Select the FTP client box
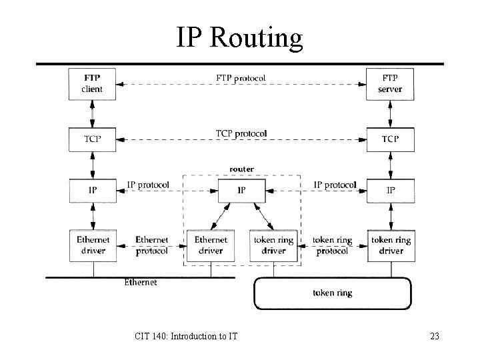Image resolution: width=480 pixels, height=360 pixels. (x=93, y=83)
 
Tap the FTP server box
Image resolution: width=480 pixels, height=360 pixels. (x=390, y=83)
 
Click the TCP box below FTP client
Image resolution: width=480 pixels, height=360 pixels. (x=93, y=139)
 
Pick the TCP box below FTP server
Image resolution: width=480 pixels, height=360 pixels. (x=390, y=139)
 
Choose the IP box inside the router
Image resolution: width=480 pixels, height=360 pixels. (x=241, y=190)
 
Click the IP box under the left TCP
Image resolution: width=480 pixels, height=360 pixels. (x=93, y=190)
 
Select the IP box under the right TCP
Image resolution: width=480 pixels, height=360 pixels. (x=390, y=190)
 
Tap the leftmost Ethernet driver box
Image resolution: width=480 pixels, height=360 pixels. (x=93, y=245)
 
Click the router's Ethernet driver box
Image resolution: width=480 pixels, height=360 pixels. (x=211, y=245)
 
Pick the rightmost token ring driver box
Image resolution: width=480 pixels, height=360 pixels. (x=390, y=245)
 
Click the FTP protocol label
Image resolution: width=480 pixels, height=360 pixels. (x=241, y=78)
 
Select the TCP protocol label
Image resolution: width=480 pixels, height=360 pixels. (x=241, y=133)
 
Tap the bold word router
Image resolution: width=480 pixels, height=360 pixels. (x=241, y=169)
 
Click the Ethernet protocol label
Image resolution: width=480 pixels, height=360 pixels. (x=151, y=245)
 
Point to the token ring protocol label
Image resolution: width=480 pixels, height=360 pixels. (x=332, y=245)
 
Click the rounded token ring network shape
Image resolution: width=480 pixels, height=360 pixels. (x=332, y=293)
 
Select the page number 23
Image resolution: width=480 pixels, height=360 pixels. (x=435, y=337)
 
